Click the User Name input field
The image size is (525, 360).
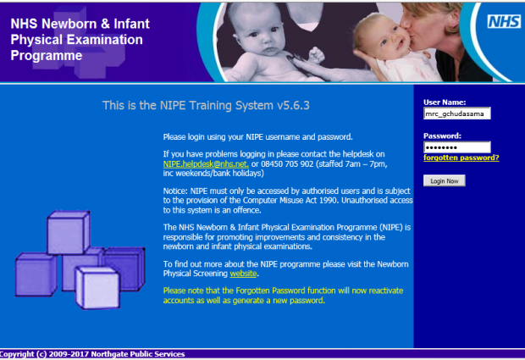tap(457, 114)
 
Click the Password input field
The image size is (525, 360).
tap(457, 147)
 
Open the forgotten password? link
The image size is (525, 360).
tap(461, 158)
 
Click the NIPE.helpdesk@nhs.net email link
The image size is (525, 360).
tap(206, 164)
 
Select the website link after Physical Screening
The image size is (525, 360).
tap(243, 274)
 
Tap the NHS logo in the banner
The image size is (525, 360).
tap(504, 22)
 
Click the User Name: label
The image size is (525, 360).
tap(445, 102)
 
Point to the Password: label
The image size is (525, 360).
tap(442, 136)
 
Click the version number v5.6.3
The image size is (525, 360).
tap(293, 106)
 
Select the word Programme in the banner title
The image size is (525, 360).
tap(47, 56)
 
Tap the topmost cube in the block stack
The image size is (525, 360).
tap(69, 232)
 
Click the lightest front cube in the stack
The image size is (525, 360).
tap(97, 287)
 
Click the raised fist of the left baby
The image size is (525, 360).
tap(316, 55)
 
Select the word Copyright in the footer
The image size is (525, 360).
tap(17, 354)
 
